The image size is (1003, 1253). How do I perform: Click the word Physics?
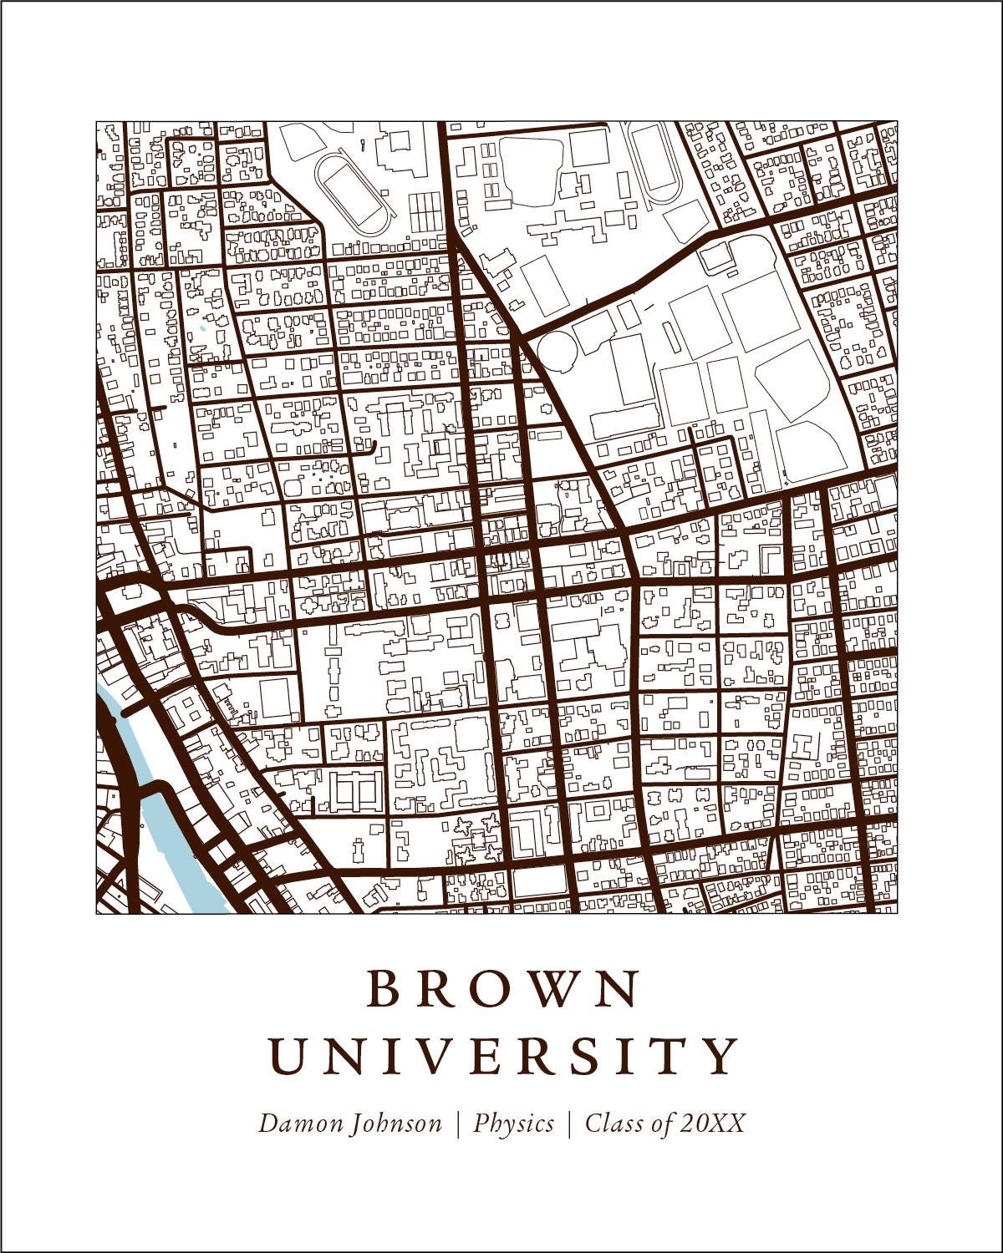click(x=514, y=1124)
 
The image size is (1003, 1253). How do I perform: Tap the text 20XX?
click(x=712, y=1124)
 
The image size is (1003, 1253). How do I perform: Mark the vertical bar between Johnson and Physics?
click(x=458, y=1124)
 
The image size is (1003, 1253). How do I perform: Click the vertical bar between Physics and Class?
click(x=569, y=1124)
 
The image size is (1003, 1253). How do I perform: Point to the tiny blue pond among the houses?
click(x=201, y=327)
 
